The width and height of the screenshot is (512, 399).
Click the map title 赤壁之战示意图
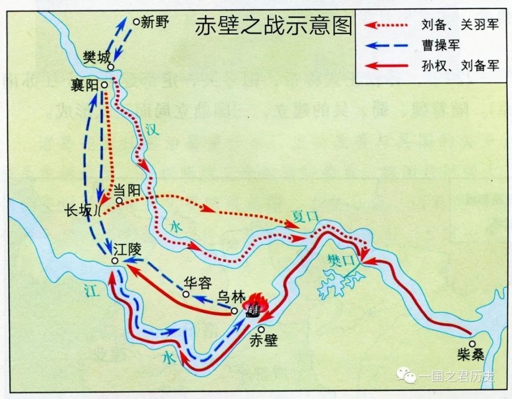coord(273,25)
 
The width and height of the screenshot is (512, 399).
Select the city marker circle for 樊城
coord(110,67)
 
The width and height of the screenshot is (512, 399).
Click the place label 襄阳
coord(87,85)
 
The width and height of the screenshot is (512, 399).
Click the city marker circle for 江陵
coord(115,260)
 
